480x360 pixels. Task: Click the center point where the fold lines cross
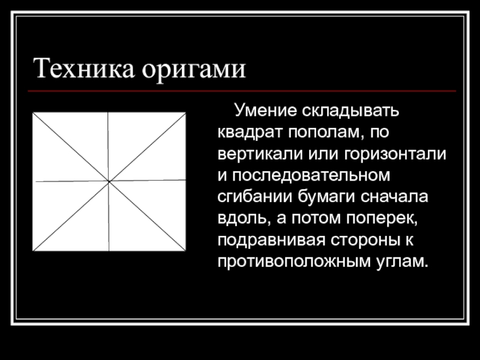(109, 181)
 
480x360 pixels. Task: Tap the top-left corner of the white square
(32, 113)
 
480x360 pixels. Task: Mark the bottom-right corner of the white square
(185, 251)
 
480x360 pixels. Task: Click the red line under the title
(240, 91)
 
